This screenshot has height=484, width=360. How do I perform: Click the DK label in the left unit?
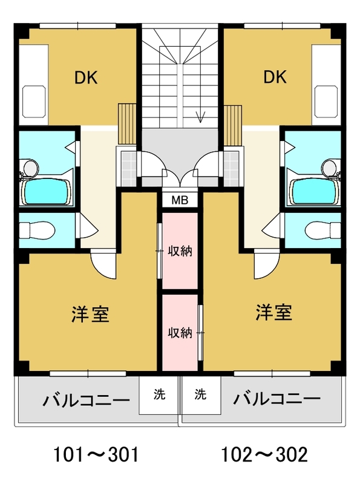pyautogui.click(x=86, y=77)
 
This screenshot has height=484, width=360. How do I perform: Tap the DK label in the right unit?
pyautogui.click(x=275, y=77)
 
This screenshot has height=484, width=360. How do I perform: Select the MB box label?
pyautogui.click(x=180, y=200)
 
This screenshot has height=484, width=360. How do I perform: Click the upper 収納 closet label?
pyautogui.click(x=180, y=251)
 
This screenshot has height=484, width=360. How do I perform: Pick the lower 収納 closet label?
pyautogui.click(x=180, y=332)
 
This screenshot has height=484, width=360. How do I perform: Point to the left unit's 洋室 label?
pyautogui.click(x=90, y=314)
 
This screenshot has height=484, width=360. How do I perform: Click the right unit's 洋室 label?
pyautogui.click(x=273, y=312)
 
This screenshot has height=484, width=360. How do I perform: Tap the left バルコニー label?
pyautogui.click(x=86, y=401)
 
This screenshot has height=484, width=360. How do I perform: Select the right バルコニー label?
pyautogui.click(x=277, y=399)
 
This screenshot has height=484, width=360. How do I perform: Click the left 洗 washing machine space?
pyautogui.click(x=159, y=396)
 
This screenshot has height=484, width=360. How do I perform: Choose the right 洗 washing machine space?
pyautogui.click(x=201, y=396)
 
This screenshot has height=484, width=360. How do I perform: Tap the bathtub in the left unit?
pyautogui.click(x=47, y=191)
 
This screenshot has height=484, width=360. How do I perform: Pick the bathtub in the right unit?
pyautogui.click(x=314, y=191)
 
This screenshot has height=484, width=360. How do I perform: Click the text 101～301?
pyautogui.click(x=96, y=455)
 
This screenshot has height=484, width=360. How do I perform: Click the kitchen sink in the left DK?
pyautogui.click(x=34, y=102)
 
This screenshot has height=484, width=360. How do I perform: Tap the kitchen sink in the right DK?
pyautogui.click(x=326, y=102)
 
